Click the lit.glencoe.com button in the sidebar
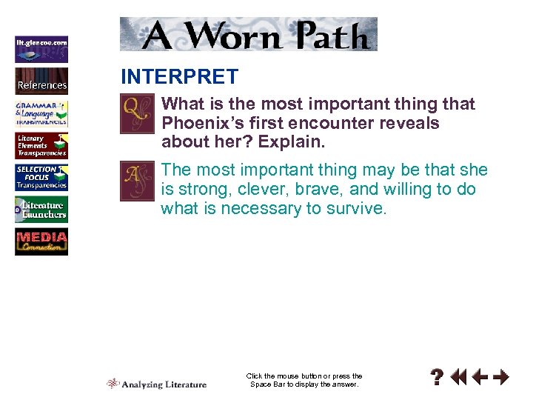pyautogui.click(x=41, y=48)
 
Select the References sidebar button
pyautogui.click(x=41, y=81)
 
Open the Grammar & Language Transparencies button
pyautogui.click(x=41, y=113)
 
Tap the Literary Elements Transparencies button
pyautogui.click(x=41, y=145)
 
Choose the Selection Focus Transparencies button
pyautogui.click(x=41, y=178)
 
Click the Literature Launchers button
pyautogui.click(x=41, y=210)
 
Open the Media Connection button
pyautogui.click(x=41, y=242)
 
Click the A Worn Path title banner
pyautogui.click(x=249, y=34)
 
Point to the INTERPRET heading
pyautogui.click(x=179, y=76)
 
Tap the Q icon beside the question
pyautogui.click(x=138, y=113)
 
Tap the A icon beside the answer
pyautogui.click(x=138, y=180)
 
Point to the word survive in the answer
pyautogui.click(x=355, y=208)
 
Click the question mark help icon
pyautogui.click(x=438, y=378)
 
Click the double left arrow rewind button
pyautogui.click(x=459, y=378)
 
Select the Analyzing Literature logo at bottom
pyautogui.click(x=157, y=384)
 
